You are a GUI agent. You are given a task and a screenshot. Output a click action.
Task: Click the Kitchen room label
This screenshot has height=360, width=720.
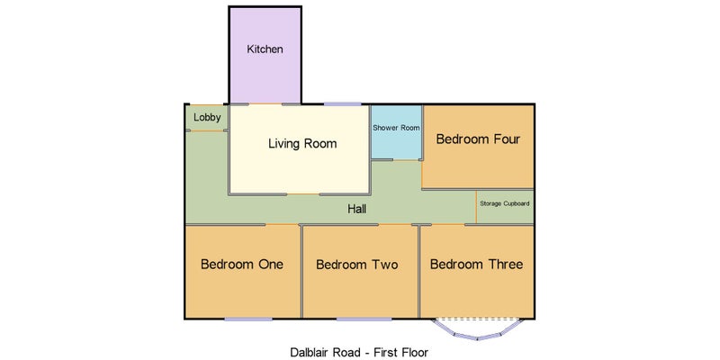[x=265, y=49]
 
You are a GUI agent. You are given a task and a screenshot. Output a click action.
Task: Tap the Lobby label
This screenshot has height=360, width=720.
[x=207, y=118]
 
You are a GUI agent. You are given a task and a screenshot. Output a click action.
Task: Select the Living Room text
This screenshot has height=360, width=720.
[x=302, y=144]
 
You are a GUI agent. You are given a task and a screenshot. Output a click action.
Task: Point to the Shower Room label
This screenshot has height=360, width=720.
[x=396, y=128]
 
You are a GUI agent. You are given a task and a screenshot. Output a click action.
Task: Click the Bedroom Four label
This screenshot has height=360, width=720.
[x=478, y=139]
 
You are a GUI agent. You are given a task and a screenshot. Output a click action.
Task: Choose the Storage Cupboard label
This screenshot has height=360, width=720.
[x=505, y=203]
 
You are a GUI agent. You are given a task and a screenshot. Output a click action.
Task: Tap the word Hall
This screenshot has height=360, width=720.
[x=356, y=210]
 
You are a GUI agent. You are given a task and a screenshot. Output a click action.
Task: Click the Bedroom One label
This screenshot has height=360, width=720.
[x=242, y=265]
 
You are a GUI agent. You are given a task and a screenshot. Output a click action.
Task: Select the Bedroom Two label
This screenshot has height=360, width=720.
[x=357, y=265]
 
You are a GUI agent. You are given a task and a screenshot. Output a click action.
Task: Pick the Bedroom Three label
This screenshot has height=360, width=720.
[x=477, y=265]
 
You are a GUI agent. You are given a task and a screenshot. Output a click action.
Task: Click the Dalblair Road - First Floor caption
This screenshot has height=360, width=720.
[x=359, y=353]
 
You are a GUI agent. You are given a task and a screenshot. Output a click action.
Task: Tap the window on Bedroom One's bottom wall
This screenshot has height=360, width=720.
[x=248, y=319]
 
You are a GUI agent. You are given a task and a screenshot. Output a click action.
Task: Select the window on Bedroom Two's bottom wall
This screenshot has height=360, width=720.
[x=364, y=319]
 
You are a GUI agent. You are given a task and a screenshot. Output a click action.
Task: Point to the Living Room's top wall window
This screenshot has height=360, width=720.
[x=343, y=104]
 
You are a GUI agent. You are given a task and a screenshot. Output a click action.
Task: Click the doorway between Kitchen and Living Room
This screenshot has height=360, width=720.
[x=265, y=104]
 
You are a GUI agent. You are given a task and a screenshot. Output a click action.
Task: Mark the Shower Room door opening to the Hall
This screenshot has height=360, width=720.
[x=407, y=160]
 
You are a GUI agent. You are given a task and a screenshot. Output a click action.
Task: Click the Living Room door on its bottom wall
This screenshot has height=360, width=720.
[x=303, y=194]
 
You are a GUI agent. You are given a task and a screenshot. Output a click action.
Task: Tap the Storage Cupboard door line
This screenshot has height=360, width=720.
[x=476, y=207]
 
